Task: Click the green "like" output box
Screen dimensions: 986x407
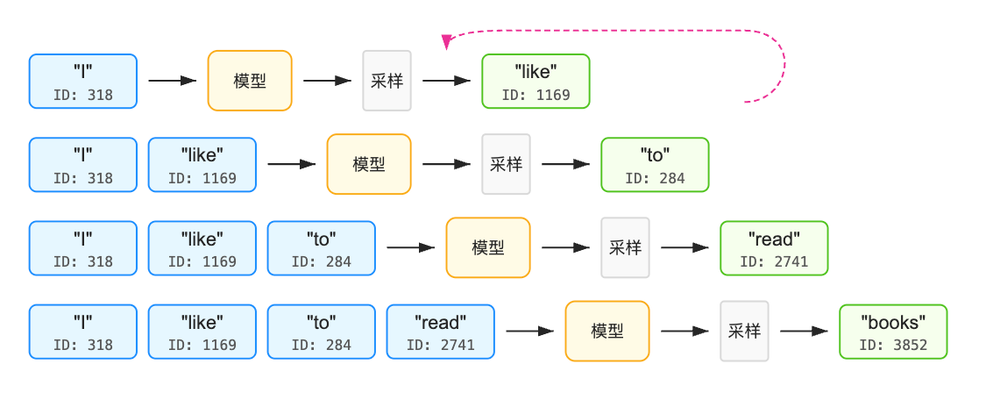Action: [x=536, y=82]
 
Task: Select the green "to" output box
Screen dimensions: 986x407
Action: [x=655, y=165]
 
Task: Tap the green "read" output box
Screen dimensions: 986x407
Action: [x=774, y=248]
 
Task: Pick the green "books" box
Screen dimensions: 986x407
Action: [x=893, y=332]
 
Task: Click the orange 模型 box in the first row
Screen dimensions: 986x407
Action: [x=250, y=82]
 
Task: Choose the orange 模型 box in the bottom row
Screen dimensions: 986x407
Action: [x=607, y=332]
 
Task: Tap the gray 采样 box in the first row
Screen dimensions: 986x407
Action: [x=387, y=82]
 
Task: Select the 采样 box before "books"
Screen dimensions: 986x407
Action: [x=744, y=332]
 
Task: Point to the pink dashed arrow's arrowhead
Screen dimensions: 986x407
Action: [x=447, y=42]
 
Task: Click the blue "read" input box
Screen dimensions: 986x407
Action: [x=440, y=332]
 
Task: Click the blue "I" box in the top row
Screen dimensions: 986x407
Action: [x=83, y=82]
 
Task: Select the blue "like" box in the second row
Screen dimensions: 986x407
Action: [x=202, y=165]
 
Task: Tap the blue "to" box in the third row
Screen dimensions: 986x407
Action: [x=322, y=248]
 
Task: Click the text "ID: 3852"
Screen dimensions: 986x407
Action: [x=893, y=345]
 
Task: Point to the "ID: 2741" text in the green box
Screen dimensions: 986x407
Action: [x=774, y=261]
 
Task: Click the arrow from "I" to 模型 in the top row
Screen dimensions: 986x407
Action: [x=173, y=81]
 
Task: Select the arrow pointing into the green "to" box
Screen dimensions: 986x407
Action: [x=565, y=164]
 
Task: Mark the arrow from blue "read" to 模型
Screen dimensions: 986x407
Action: [x=529, y=331]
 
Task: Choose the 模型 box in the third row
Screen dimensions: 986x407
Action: [x=488, y=248]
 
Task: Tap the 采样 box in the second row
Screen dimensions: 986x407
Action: [x=507, y=165]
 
